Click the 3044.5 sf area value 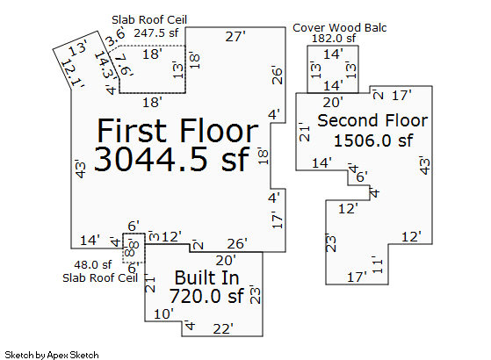(171, 159)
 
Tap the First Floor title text (177, 131)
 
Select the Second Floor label (372, 120)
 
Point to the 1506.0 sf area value (373, 140)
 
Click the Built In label (206, 277)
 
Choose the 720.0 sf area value (206, 296)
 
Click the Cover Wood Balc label (339, 28)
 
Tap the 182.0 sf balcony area (334, 38)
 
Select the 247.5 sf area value (156, 32)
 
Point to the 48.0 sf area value (93, 265)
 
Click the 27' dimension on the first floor (235, 37)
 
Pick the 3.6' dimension (115, 37)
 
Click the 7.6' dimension (124, 65)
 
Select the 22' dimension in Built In (223, 329)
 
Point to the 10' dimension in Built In (163, 314)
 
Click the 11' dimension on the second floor (378, 265)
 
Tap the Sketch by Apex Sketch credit (52, 355)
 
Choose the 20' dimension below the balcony (333, 103)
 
